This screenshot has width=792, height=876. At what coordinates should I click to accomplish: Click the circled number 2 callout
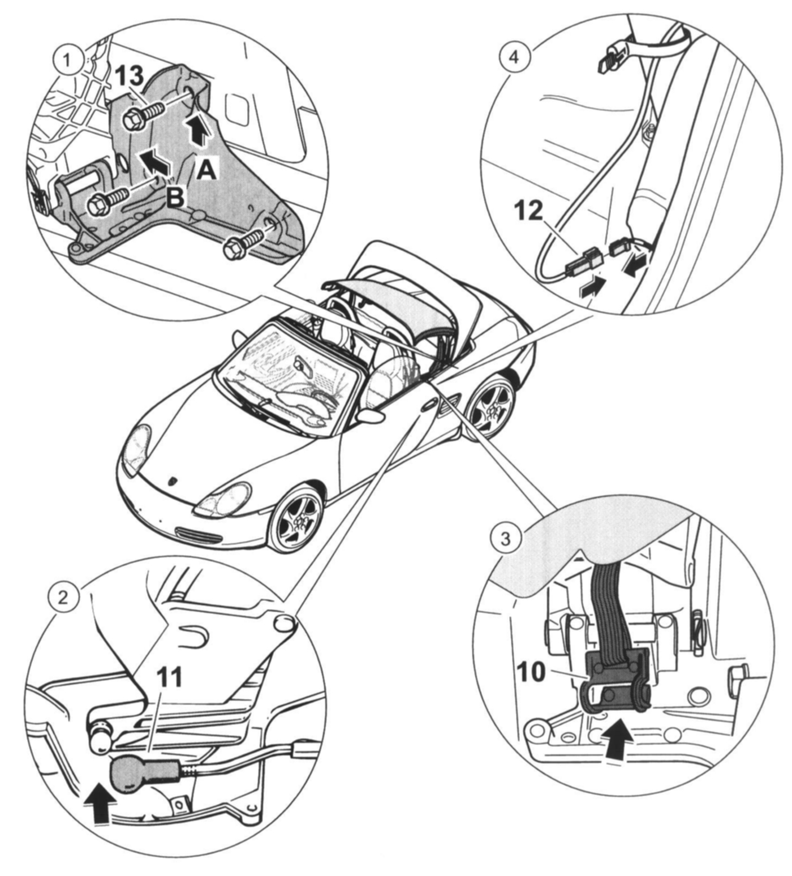tap(63, 597)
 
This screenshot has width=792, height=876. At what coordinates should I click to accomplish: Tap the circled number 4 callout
tap(514, 58)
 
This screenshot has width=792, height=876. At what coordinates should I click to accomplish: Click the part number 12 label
tap(528, 211)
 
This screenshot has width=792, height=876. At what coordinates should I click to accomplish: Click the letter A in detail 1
tap(206, 169)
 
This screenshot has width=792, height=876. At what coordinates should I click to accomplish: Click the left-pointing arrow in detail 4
tap(636, 264)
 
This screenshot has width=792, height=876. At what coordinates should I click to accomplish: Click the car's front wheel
tap(296, 521)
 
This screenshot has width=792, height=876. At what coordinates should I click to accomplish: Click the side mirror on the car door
tap(371, 416)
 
